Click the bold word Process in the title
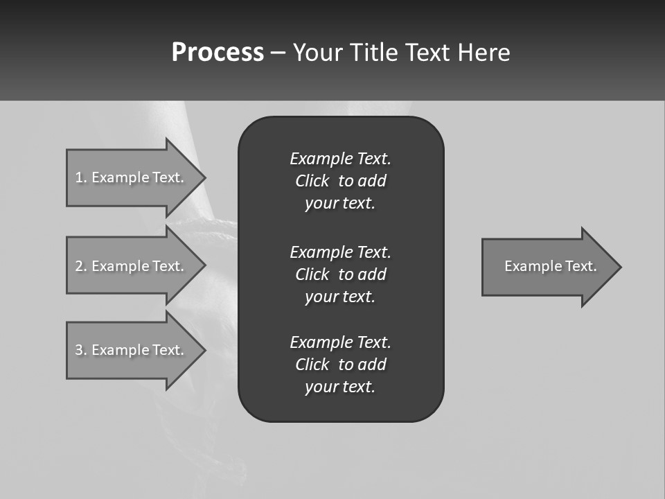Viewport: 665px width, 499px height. pos(218,53)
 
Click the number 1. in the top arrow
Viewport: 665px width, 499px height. pos(80,177)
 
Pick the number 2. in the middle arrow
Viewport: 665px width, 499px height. pos(80,266)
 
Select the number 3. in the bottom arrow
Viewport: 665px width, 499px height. pos(80,350)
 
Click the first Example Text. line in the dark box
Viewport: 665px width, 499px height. pos(340,159)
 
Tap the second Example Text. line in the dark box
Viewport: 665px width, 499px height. pos(340,252)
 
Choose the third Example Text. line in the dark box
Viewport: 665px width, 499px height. pos(340,342)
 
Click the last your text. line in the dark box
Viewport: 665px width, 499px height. pos(340,387)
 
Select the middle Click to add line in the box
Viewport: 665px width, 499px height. pos(340,274)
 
